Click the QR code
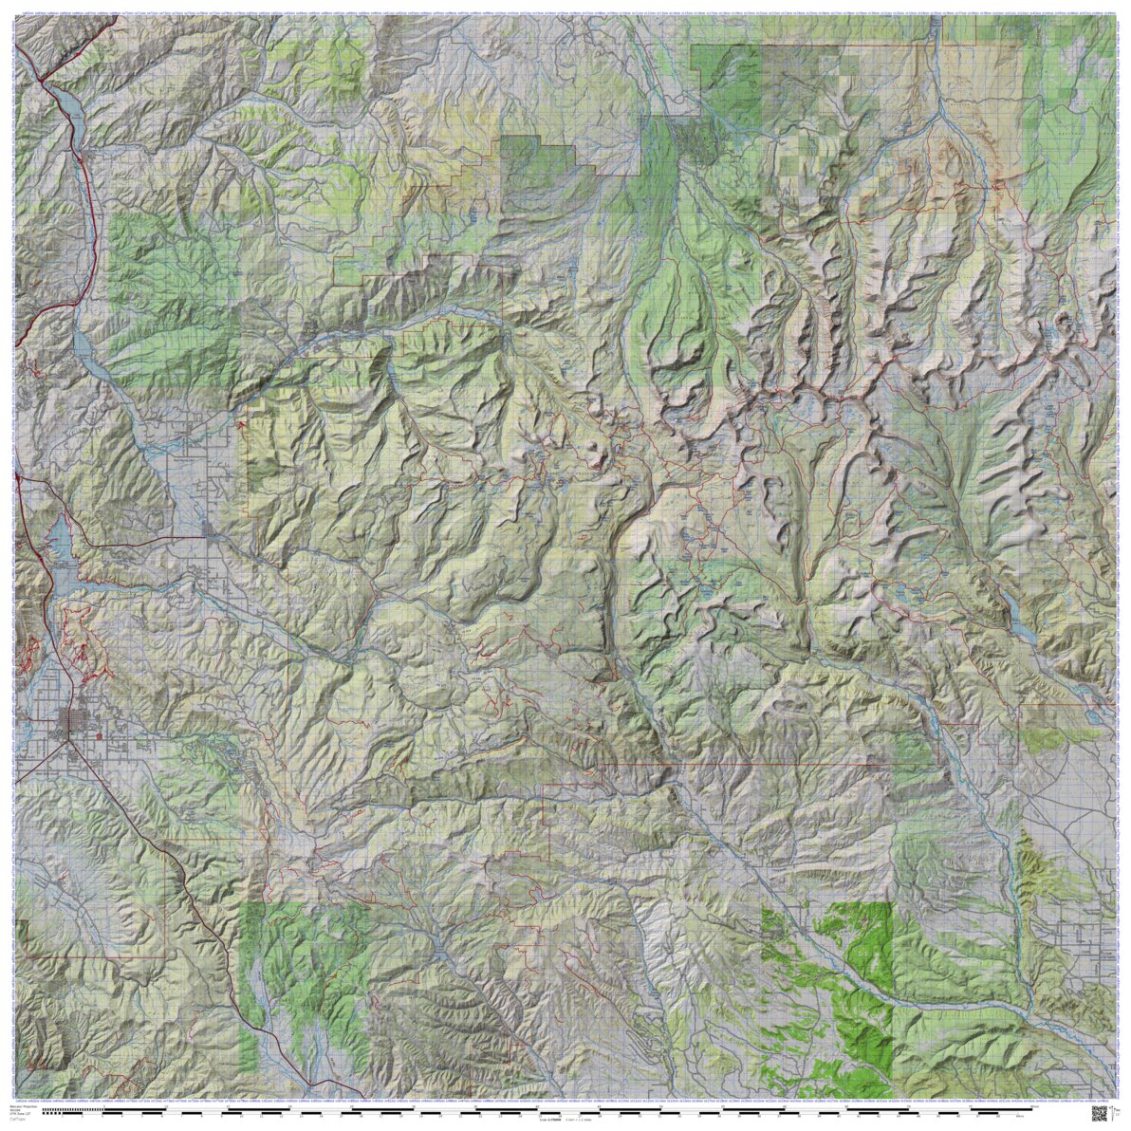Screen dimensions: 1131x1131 point(1101,1112)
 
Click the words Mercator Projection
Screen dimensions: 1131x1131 point(24,1106)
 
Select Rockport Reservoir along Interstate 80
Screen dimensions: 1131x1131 point(83,346)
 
